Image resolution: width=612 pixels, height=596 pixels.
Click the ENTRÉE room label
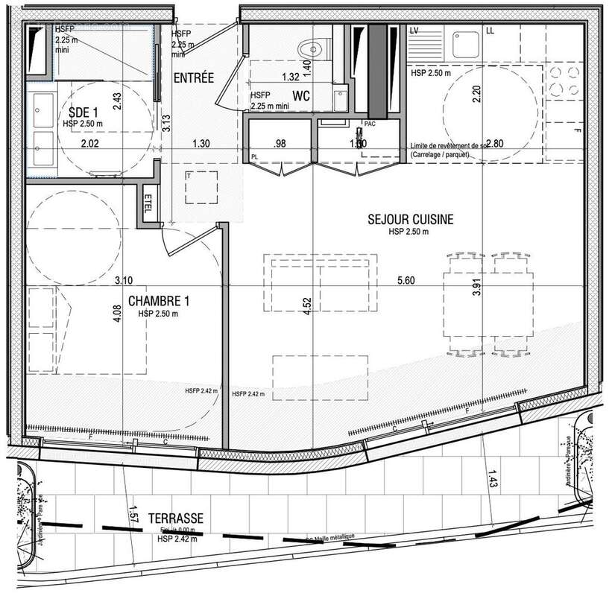[x=194, y=77]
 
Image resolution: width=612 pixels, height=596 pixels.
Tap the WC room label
[x=301, y=96]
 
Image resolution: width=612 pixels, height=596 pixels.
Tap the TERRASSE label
[x=177, y=518]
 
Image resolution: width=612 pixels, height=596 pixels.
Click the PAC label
[x=370, y=124]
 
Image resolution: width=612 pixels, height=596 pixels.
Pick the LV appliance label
[x=414, y=31]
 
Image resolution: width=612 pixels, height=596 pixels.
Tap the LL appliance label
[x=490, y=31]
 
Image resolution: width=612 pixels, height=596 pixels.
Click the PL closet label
[x=255, y=157]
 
